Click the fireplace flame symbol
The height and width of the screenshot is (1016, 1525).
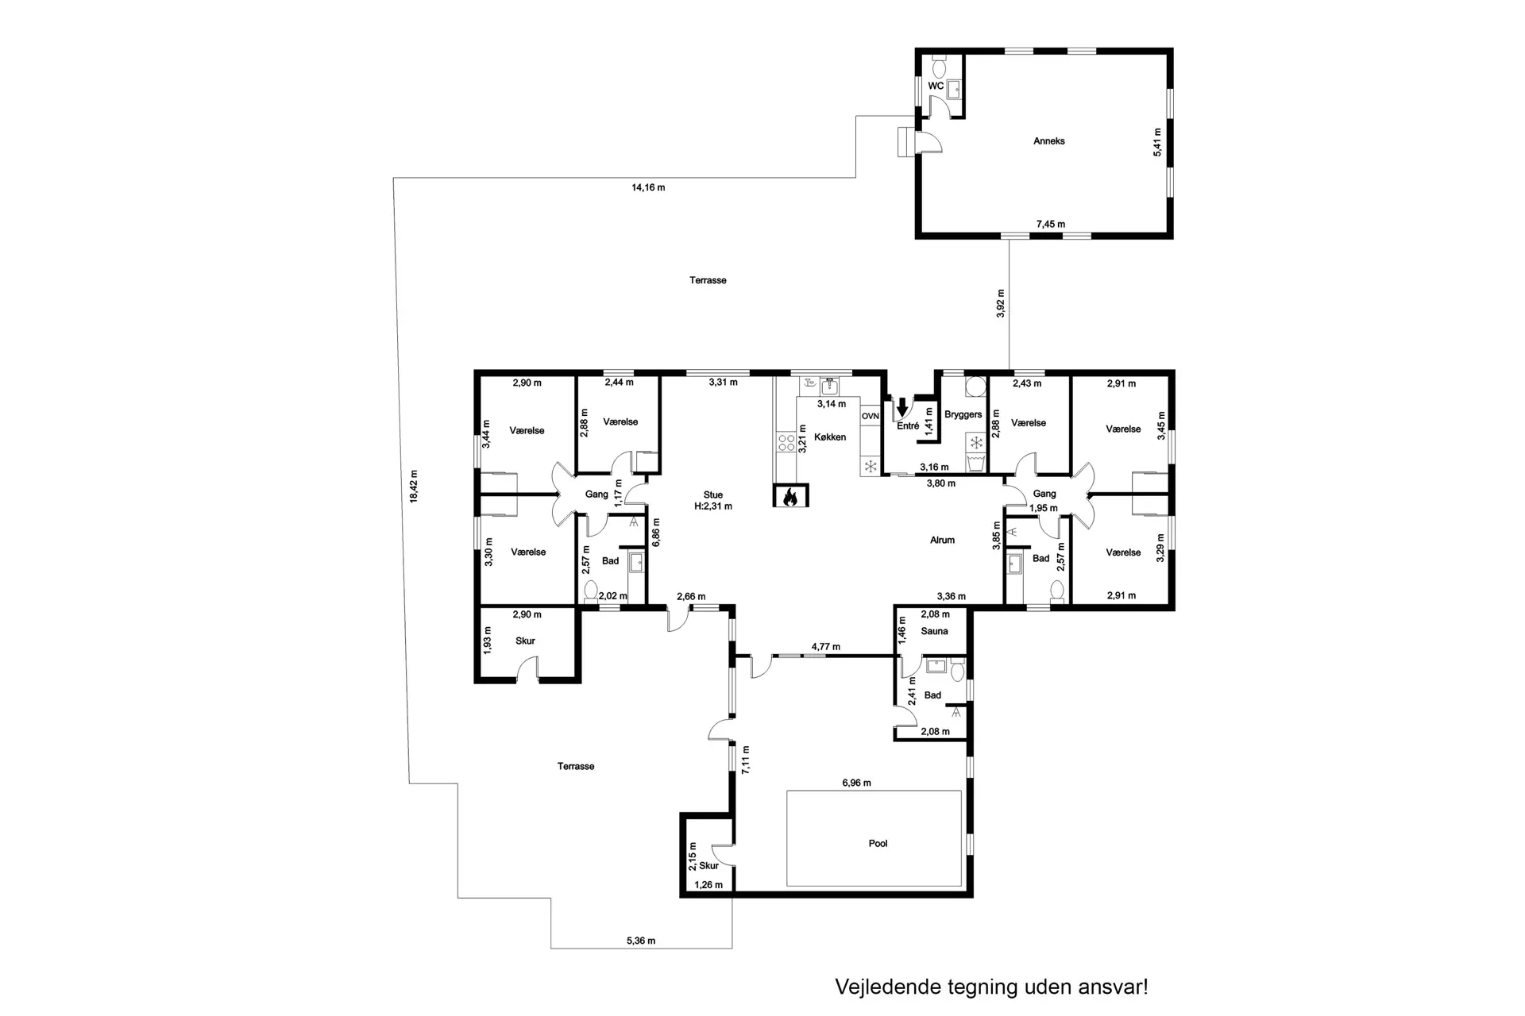790,497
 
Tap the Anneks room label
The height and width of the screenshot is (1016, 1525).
1048,141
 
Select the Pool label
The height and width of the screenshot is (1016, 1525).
878,843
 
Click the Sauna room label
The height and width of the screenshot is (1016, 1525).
934,631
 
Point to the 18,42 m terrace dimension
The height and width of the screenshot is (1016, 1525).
413,486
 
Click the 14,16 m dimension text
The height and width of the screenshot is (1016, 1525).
648,188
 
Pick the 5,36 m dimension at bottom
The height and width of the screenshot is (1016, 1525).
641,941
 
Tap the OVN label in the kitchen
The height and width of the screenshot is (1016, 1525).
871,416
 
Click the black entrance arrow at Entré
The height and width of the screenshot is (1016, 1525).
901,407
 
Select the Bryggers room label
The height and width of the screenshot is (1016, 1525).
963,414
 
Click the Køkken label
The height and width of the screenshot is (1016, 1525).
830,437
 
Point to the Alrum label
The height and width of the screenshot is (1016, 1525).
942,540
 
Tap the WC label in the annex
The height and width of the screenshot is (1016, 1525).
936,86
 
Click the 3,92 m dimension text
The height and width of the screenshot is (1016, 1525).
1000,304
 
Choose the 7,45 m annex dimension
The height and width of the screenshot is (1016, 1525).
1050,225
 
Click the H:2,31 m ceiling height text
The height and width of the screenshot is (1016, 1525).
712,506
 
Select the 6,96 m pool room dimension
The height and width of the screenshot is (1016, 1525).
856,783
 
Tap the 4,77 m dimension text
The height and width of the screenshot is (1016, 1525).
825,647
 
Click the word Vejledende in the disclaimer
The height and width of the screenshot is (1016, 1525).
888,987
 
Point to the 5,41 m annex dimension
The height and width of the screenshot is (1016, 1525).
1157,142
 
